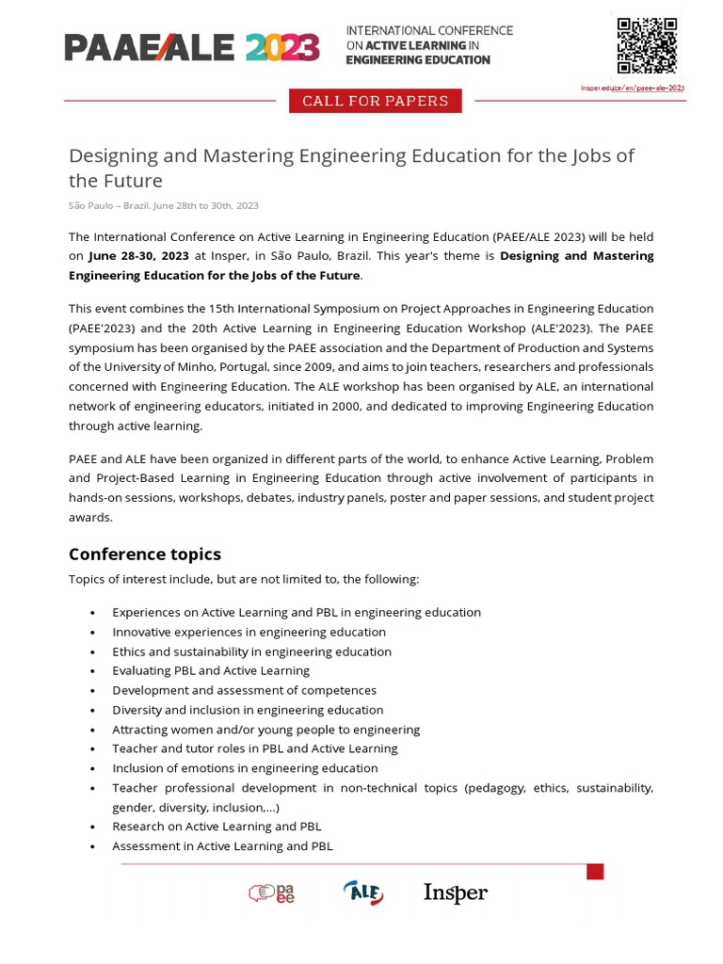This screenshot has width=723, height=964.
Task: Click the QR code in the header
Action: coord(647,45)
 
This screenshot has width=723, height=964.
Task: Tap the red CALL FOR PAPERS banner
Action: coord(375,101)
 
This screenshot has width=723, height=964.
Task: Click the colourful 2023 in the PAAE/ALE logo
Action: coord(282,46)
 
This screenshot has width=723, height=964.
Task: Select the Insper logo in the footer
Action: coord(456,892)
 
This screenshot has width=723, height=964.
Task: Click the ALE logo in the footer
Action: coord(363,892)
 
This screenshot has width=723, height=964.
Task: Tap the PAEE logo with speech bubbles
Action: coord(272,892)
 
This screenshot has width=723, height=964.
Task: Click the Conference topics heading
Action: coord(145,554)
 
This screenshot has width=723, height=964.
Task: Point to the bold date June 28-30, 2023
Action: coord(138,256)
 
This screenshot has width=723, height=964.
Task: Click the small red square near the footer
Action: coord(595,872)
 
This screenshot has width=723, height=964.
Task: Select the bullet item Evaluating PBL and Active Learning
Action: coord(211,670)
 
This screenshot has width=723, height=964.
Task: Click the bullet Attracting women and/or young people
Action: coord(265,729)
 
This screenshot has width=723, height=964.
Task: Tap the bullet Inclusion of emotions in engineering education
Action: coord(245,768)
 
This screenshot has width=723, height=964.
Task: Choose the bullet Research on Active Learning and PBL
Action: coord(217,826)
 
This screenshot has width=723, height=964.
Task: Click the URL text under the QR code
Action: coord(632,88)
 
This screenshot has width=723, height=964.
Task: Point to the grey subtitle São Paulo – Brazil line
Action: coord(163,205)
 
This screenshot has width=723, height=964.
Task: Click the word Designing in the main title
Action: coord(113,155)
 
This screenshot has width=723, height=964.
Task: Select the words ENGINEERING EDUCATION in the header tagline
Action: coord(418,60)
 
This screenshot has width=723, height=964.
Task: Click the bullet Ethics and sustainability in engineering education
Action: coord(251,651)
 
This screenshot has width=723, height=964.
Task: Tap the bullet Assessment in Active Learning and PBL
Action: coord(222,845)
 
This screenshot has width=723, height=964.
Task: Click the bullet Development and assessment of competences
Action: coord(244,690)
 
